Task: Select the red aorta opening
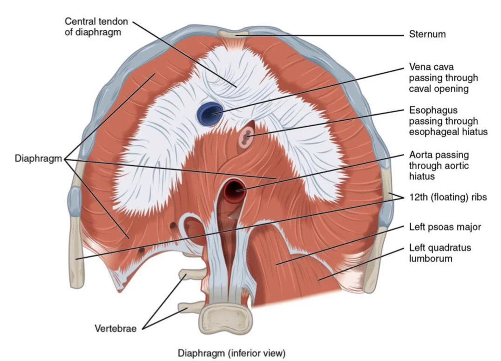(235, 191)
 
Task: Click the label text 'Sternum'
(427, 34)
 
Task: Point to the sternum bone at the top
(233, 33)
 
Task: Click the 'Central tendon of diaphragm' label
(96, 27)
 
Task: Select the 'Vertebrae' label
(115, 328)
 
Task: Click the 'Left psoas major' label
(445, 227)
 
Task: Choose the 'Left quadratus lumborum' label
(440, 253)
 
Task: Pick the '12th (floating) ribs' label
(447, 197)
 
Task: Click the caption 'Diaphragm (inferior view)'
(231, 353)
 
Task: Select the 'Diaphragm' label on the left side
(38, 158)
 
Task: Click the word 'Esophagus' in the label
(433, 110)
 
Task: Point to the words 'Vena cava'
(431, 67)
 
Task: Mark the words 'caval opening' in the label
(439, 89)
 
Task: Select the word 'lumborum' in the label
(430, 258)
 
